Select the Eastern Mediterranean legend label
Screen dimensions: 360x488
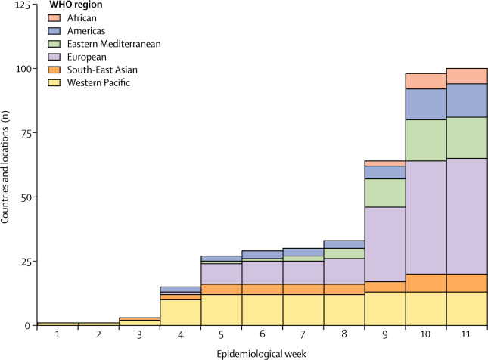(x=109, y=44)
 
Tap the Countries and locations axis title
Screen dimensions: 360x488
(x=6, y=166)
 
